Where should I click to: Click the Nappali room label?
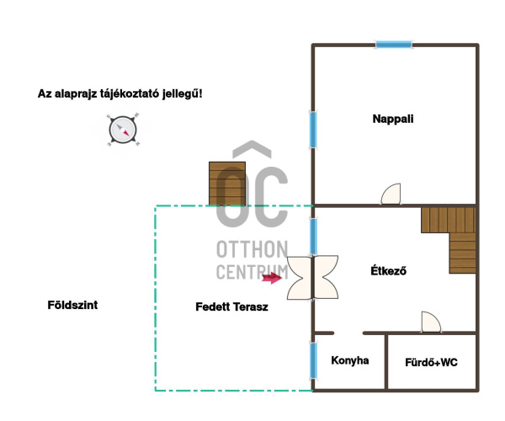(393, 119)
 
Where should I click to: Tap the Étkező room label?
(388, 270)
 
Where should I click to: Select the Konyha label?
(350, 360)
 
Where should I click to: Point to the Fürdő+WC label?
(431, 362)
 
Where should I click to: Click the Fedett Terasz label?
(231, 306)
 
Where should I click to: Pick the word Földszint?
(72, 305)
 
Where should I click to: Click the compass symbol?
(123, 130)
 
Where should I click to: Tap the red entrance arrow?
(272, 278)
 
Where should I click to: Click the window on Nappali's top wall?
(394, 45)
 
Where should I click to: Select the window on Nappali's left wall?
(313, 130)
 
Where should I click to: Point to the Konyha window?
(313, 360)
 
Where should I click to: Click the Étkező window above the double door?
(313, 237)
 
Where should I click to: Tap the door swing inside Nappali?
(391, 194)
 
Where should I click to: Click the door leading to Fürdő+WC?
(431, 322)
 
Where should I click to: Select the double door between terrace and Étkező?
(312, 277)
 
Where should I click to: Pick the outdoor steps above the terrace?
(227, 184)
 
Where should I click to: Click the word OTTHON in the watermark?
(252, 249)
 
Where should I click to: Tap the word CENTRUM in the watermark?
(252, 272)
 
